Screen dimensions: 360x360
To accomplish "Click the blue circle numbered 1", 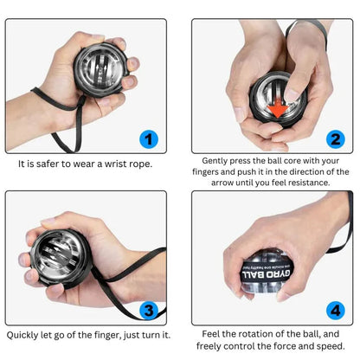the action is (149, 139).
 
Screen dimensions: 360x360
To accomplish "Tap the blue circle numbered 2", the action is (335, 139).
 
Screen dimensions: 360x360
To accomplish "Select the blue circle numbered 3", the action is (149, 311).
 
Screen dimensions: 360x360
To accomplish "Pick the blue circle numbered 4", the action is (335, 311).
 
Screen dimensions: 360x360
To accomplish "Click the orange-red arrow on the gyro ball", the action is (277, 108).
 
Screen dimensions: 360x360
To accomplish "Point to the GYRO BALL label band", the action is (267, 273).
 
